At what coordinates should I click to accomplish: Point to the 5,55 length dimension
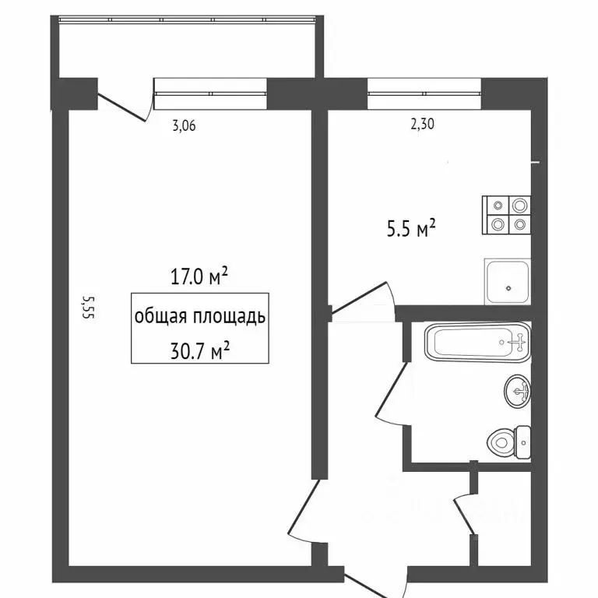(88, 307)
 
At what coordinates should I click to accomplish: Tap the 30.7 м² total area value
(199, 350)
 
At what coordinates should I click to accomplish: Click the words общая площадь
(199, 317)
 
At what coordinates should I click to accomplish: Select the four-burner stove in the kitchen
(507, 215)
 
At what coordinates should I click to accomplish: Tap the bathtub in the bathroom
(477, 340)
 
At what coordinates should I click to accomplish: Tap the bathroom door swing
(390, 397)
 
